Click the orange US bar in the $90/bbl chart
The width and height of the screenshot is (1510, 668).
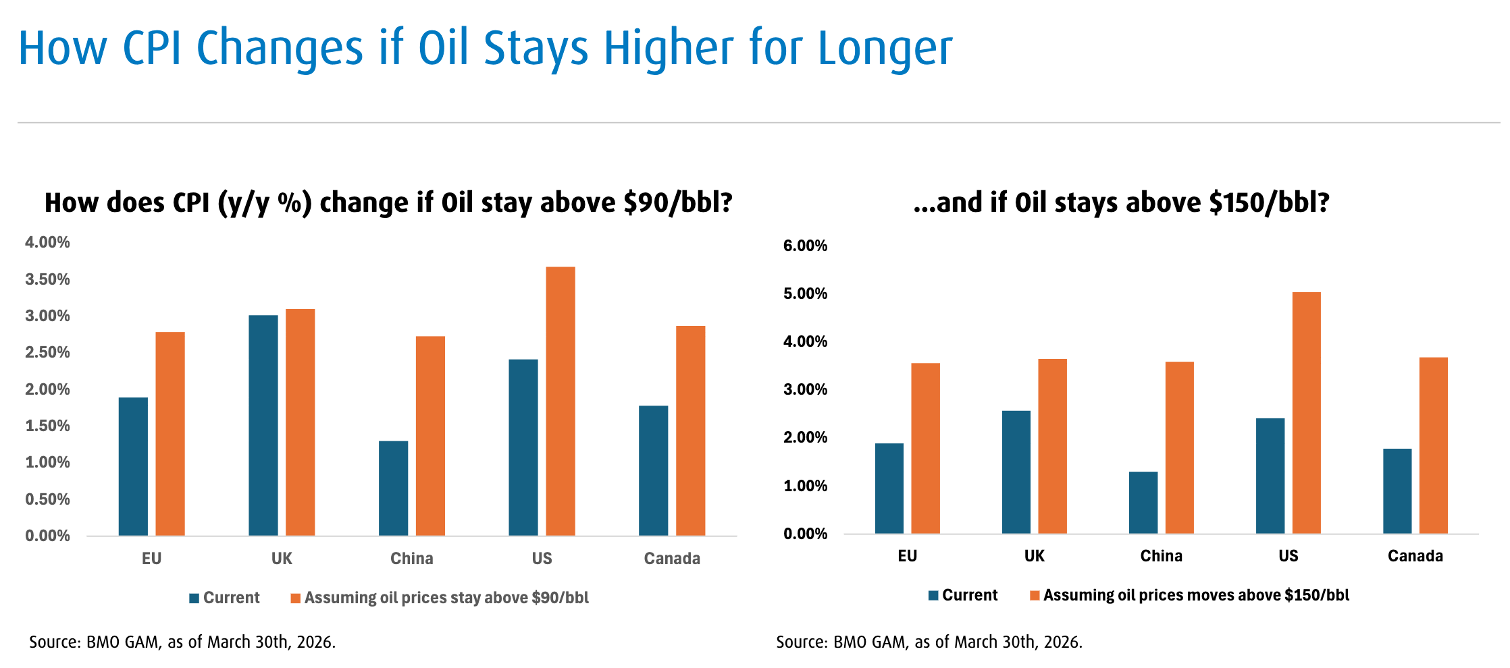coord(561,401)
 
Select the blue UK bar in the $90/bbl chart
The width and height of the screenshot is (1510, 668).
coord(263,425)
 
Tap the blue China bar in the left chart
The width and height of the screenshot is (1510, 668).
coord(393,489)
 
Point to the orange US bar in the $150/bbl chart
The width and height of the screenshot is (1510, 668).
coord(1306,413)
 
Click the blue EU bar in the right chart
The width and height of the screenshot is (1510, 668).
coord(889,489)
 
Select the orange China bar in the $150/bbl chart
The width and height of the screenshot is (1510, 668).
coord(1179,447)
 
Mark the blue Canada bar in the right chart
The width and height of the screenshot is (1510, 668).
coord(1397,491)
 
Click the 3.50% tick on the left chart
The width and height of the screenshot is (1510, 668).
coord(47,279)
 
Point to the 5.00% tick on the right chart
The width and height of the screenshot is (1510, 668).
coord(805,294)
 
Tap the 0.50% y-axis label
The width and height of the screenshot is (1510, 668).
coord(47,499)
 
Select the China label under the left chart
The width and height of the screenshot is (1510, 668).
coord(411,559)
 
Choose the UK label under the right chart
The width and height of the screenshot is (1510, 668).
coord(1034,556)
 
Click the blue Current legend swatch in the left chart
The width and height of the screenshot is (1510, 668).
coord(194,599)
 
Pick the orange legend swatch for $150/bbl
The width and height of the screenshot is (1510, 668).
coord(1035,596)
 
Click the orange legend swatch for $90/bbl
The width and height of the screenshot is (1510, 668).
coord(295,599)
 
